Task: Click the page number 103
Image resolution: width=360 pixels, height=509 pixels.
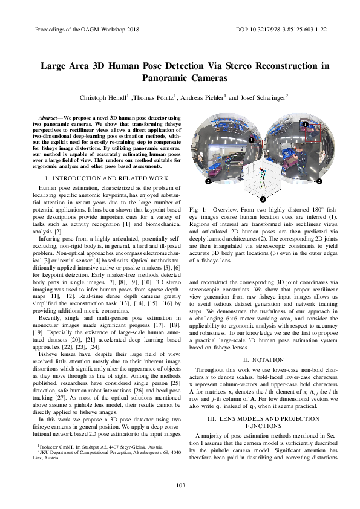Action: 180,486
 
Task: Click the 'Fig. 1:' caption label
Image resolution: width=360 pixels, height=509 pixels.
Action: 198,209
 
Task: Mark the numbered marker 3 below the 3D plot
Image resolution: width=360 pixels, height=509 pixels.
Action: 263,198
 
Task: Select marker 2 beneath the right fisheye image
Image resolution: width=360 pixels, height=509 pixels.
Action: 318,180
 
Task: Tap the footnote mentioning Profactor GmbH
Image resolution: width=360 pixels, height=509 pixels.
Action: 97,460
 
